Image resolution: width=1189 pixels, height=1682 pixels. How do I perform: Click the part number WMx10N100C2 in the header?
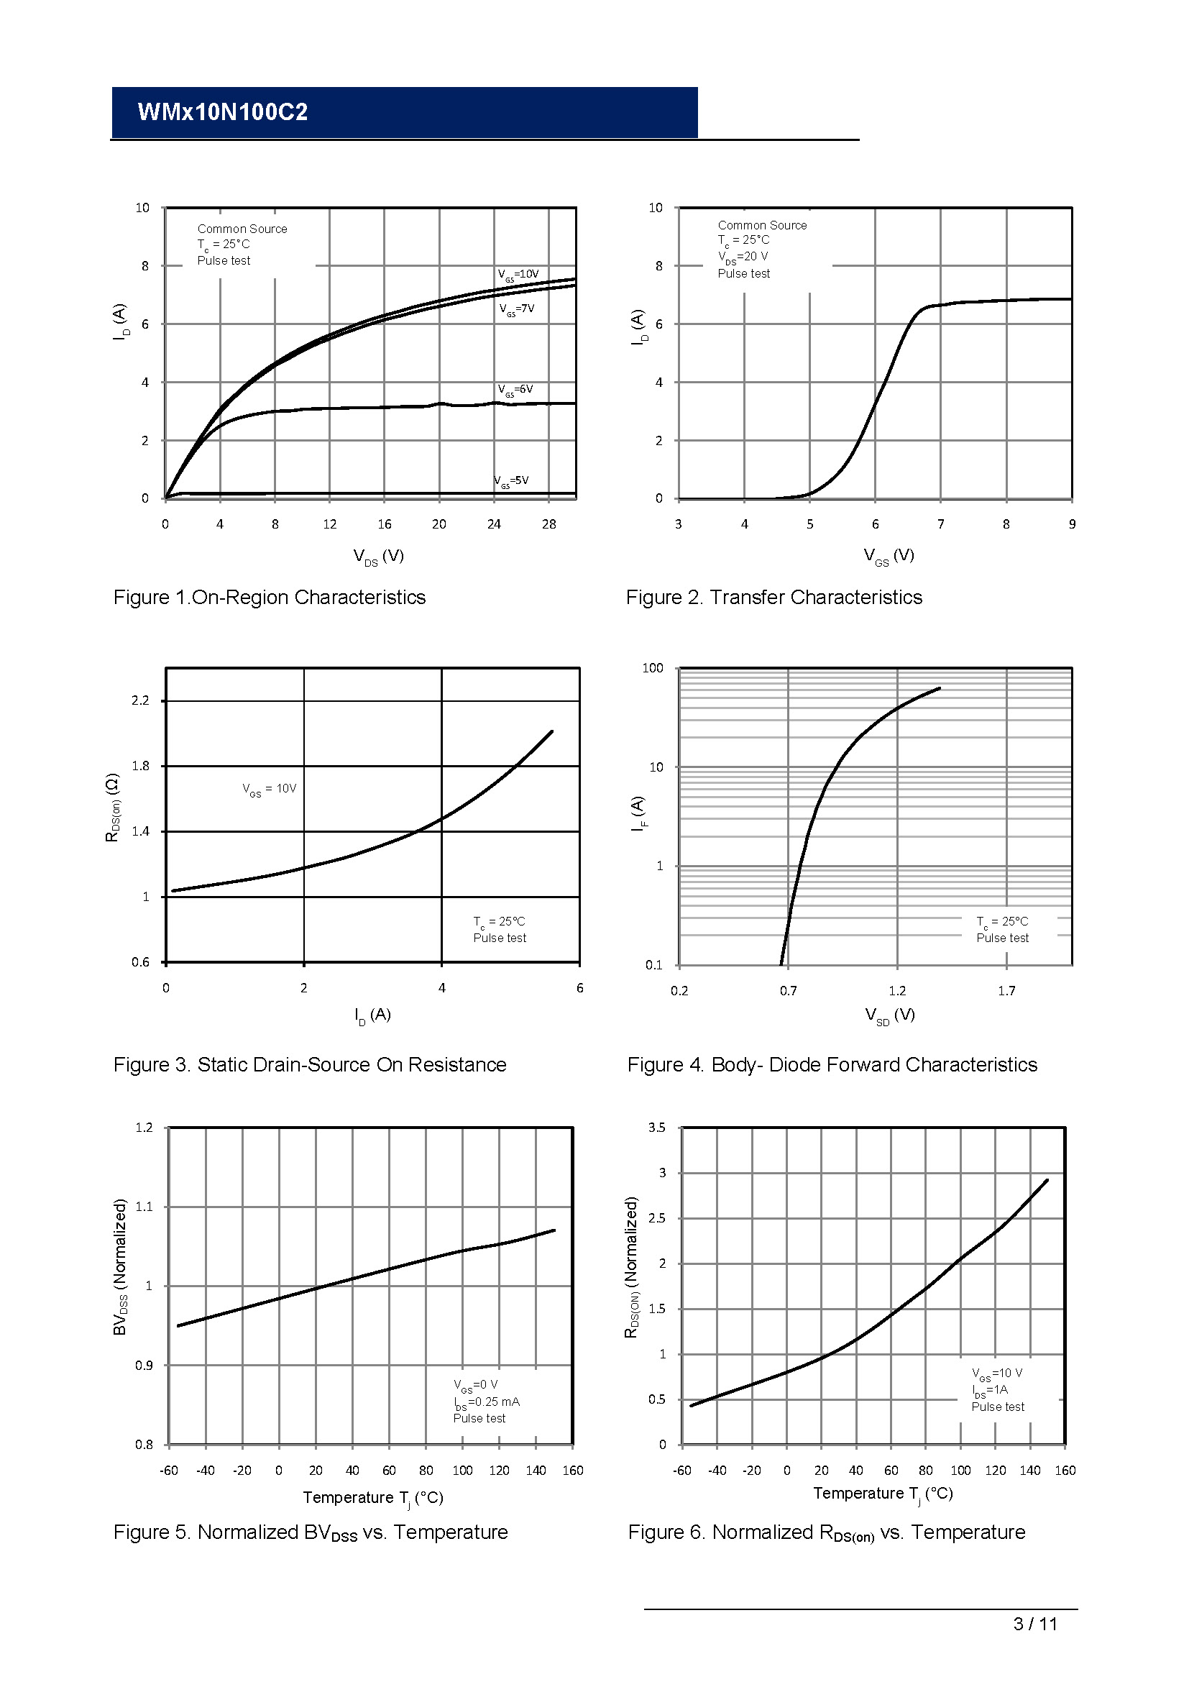[x=223, y=112]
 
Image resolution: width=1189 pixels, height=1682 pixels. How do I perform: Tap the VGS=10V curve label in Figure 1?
[x=518, y=274]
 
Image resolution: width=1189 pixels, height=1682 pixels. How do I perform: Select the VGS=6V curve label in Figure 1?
[x=515, y=389]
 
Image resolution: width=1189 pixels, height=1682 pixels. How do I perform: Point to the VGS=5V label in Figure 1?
[x=511, y=480]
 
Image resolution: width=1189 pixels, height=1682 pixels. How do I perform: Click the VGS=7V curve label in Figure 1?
[x=517, y=308]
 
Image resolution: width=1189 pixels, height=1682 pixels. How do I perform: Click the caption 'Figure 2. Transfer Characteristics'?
[x=773, y=598]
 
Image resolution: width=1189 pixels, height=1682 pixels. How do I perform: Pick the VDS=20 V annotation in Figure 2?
[x=743, y=257]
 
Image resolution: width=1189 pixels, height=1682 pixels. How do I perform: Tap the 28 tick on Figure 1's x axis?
[x=548, y=524]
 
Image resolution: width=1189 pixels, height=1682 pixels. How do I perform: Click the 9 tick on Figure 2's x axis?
[x=1072, y=524]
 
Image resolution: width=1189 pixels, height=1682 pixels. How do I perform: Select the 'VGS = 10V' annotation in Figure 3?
[x=270, y=789]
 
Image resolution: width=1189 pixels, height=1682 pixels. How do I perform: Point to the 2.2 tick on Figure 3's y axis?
[x=140, y=700]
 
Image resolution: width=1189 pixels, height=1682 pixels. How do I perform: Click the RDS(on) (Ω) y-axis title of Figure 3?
[x=113, y=807]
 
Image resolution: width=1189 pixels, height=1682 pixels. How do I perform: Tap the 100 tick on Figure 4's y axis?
[x=652, y=668]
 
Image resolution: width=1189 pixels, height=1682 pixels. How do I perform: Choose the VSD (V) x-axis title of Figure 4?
[x=889, y=1015]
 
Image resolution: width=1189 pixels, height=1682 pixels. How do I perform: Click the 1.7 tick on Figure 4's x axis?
[x=1006, y=991]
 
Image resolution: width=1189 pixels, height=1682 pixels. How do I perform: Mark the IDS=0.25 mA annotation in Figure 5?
[x=486, y=1402]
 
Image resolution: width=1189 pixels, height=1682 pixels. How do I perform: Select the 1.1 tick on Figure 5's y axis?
[x=144, y=1207]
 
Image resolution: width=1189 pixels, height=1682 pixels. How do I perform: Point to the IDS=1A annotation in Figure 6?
[x=990, y=1390]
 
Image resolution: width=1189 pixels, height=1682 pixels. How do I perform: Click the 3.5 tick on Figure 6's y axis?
[x=657, y=1128]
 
